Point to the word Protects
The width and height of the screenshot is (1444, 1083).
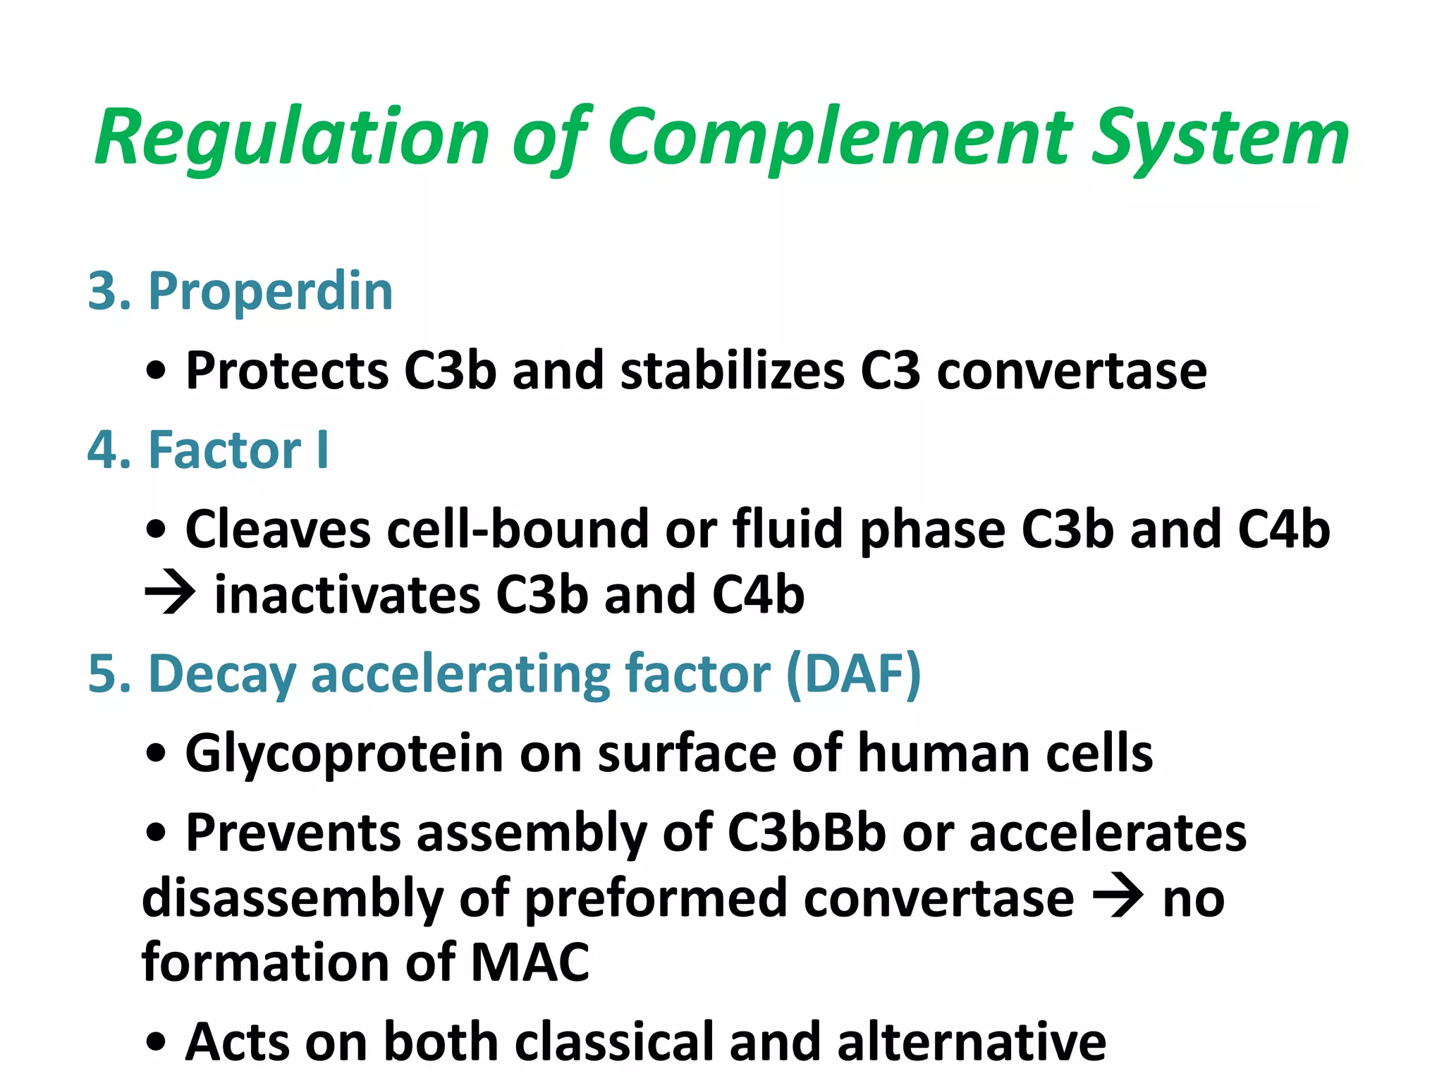click(286, 371)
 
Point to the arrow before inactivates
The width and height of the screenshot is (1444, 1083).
click(169, 594)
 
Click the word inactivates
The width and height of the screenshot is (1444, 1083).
click(346, 594)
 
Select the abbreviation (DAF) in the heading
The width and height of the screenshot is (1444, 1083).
click(853, 673)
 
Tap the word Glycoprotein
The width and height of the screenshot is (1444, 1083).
click(344, 753)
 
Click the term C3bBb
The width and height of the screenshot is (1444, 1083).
click(806, 833)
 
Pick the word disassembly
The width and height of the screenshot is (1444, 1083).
click(293, 898)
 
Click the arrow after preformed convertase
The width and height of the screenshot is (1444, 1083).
click(1118, 898)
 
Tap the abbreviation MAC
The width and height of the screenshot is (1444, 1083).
click(530, 962)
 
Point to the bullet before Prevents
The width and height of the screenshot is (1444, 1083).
click(156, 833)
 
